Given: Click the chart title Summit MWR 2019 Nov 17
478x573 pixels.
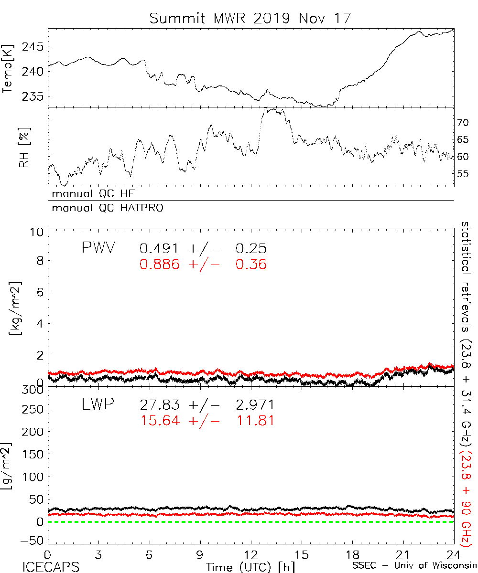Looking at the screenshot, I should [x=250, y=18].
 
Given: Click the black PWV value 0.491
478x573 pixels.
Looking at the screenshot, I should [x=160, y=249].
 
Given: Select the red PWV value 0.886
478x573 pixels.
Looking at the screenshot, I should [x=160, y=264].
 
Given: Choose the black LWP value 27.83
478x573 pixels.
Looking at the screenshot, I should [x=160, y=405].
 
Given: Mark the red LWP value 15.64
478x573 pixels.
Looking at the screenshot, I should [x=160, y=421].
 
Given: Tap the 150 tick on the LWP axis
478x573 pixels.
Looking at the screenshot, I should [x=33, y=454].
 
